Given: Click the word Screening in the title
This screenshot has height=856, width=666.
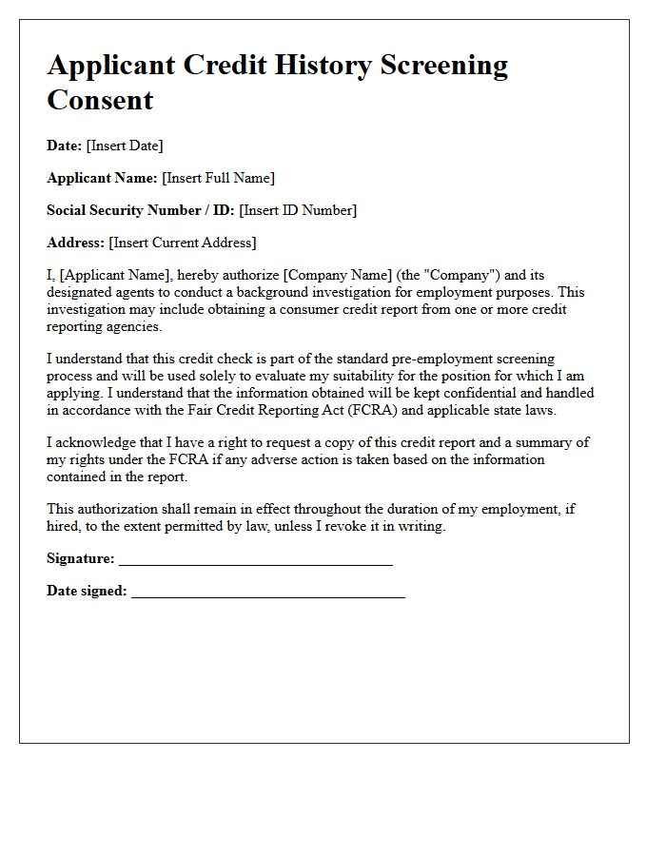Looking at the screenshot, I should pos(444,66).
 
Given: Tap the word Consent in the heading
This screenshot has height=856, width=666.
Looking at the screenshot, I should pos(100,100).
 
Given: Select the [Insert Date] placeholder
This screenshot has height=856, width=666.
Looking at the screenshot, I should pos(125,146).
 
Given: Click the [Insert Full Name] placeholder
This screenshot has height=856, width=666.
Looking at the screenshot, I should pos(218,178).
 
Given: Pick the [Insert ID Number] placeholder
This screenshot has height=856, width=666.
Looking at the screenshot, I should pos(298,210).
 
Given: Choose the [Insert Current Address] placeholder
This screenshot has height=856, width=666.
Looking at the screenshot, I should pos(183,243).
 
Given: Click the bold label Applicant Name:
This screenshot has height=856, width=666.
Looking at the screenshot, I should pos(102,178).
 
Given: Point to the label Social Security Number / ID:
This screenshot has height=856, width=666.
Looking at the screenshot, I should pos(141,210).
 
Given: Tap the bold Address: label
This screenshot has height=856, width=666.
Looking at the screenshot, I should pos(76,243).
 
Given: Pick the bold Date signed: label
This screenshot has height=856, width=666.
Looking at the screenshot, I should pos(87,592).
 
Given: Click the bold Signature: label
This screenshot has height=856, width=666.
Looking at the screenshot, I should pos(81,559).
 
